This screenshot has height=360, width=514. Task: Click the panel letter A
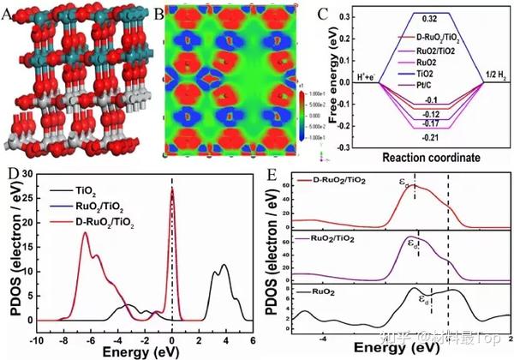[x=7, y=13]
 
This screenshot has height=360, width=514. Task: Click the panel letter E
[x=272, y=177]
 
